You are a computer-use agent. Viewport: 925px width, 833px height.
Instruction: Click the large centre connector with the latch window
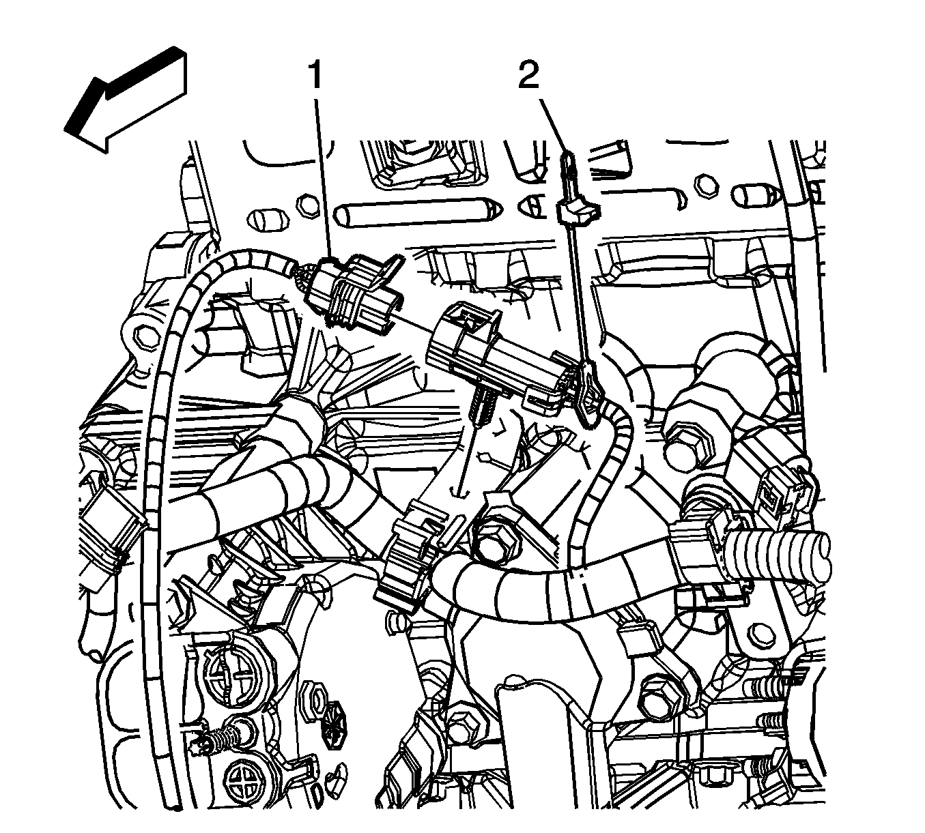coord(492,355)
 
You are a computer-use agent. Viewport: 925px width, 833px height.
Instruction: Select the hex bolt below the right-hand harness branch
coord(658,699)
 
